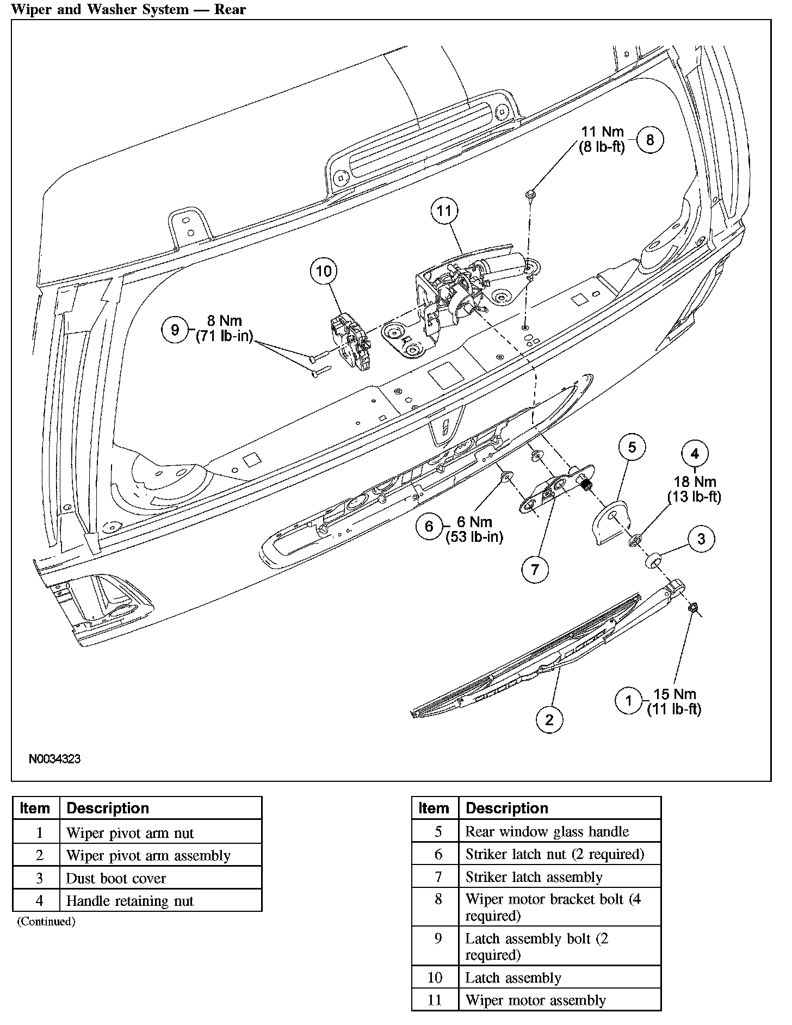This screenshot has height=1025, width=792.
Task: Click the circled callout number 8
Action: pyautogui.click(x=649, y=140)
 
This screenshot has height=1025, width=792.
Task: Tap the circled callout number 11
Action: pyautogui.click(x=444, y=211)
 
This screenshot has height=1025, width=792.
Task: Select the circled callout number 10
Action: pyautogui.click(x=324, y=271)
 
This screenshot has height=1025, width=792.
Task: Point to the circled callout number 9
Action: pyautogui.click(x=175, y=330)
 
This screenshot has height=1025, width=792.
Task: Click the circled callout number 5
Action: pyautogui.click(x=632, y=447)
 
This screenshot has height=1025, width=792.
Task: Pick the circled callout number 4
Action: pyautogui.click(x=695, y=453)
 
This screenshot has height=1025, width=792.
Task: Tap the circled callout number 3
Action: pyautogui.click(x=701, y=539)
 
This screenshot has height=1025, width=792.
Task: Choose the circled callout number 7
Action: pyautogui.click(x=535, y=570)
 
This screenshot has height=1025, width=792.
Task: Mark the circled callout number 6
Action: pyautogui.click(x=429, y=526)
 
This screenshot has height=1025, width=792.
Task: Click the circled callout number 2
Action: pyautogui.click(x=549, y=720)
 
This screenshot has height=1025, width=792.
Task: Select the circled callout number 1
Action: pyautogui.click(x=629, y=701)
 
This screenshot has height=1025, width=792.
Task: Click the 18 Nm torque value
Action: pyautogui.click(x=695, y=482)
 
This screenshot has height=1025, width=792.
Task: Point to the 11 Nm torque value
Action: pyautogui.click(x=602, y=132)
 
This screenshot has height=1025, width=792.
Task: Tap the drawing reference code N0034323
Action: pyautogui.click(x=54, y=758)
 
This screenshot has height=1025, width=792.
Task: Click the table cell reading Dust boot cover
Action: pyautogui.click(x=116, y=878)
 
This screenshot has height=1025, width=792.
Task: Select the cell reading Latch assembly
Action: pyautogui.click(x=513, y=978)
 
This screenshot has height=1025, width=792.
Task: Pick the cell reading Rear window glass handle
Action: pyautogui.click(x=547, y=831)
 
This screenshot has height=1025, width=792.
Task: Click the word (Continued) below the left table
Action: pyautogui.click(x=46, y=921)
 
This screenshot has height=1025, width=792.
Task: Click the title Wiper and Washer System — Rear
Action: pyautogui.click(x=128, y=10)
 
